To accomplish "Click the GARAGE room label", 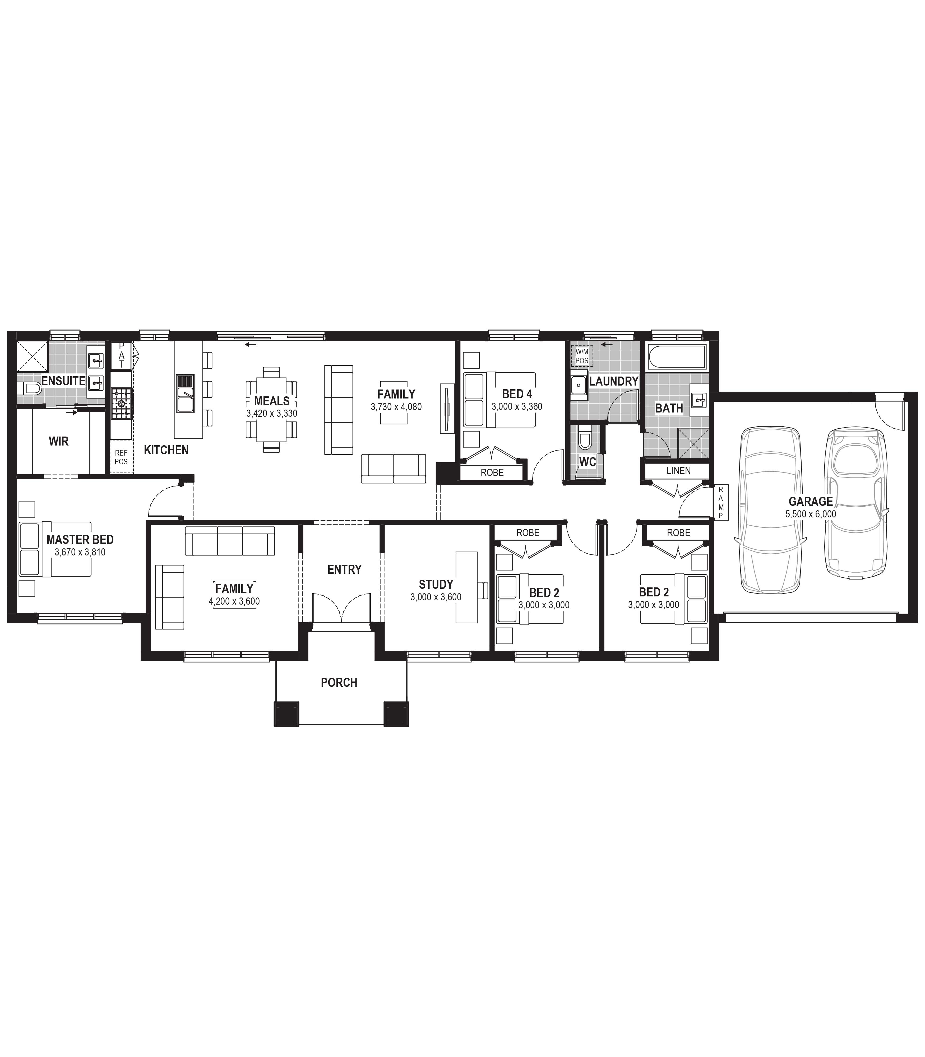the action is point(810,501).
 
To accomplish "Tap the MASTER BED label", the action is point(80,539).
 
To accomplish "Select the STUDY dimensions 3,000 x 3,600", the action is point(436,597).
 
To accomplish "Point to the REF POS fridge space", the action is point(121,457).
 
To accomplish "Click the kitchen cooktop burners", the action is point(122,403).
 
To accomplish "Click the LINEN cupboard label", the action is point(678,471).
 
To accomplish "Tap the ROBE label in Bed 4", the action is point(492,472).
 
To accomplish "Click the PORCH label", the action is point(339,683).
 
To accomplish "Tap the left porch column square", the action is point(286,714).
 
